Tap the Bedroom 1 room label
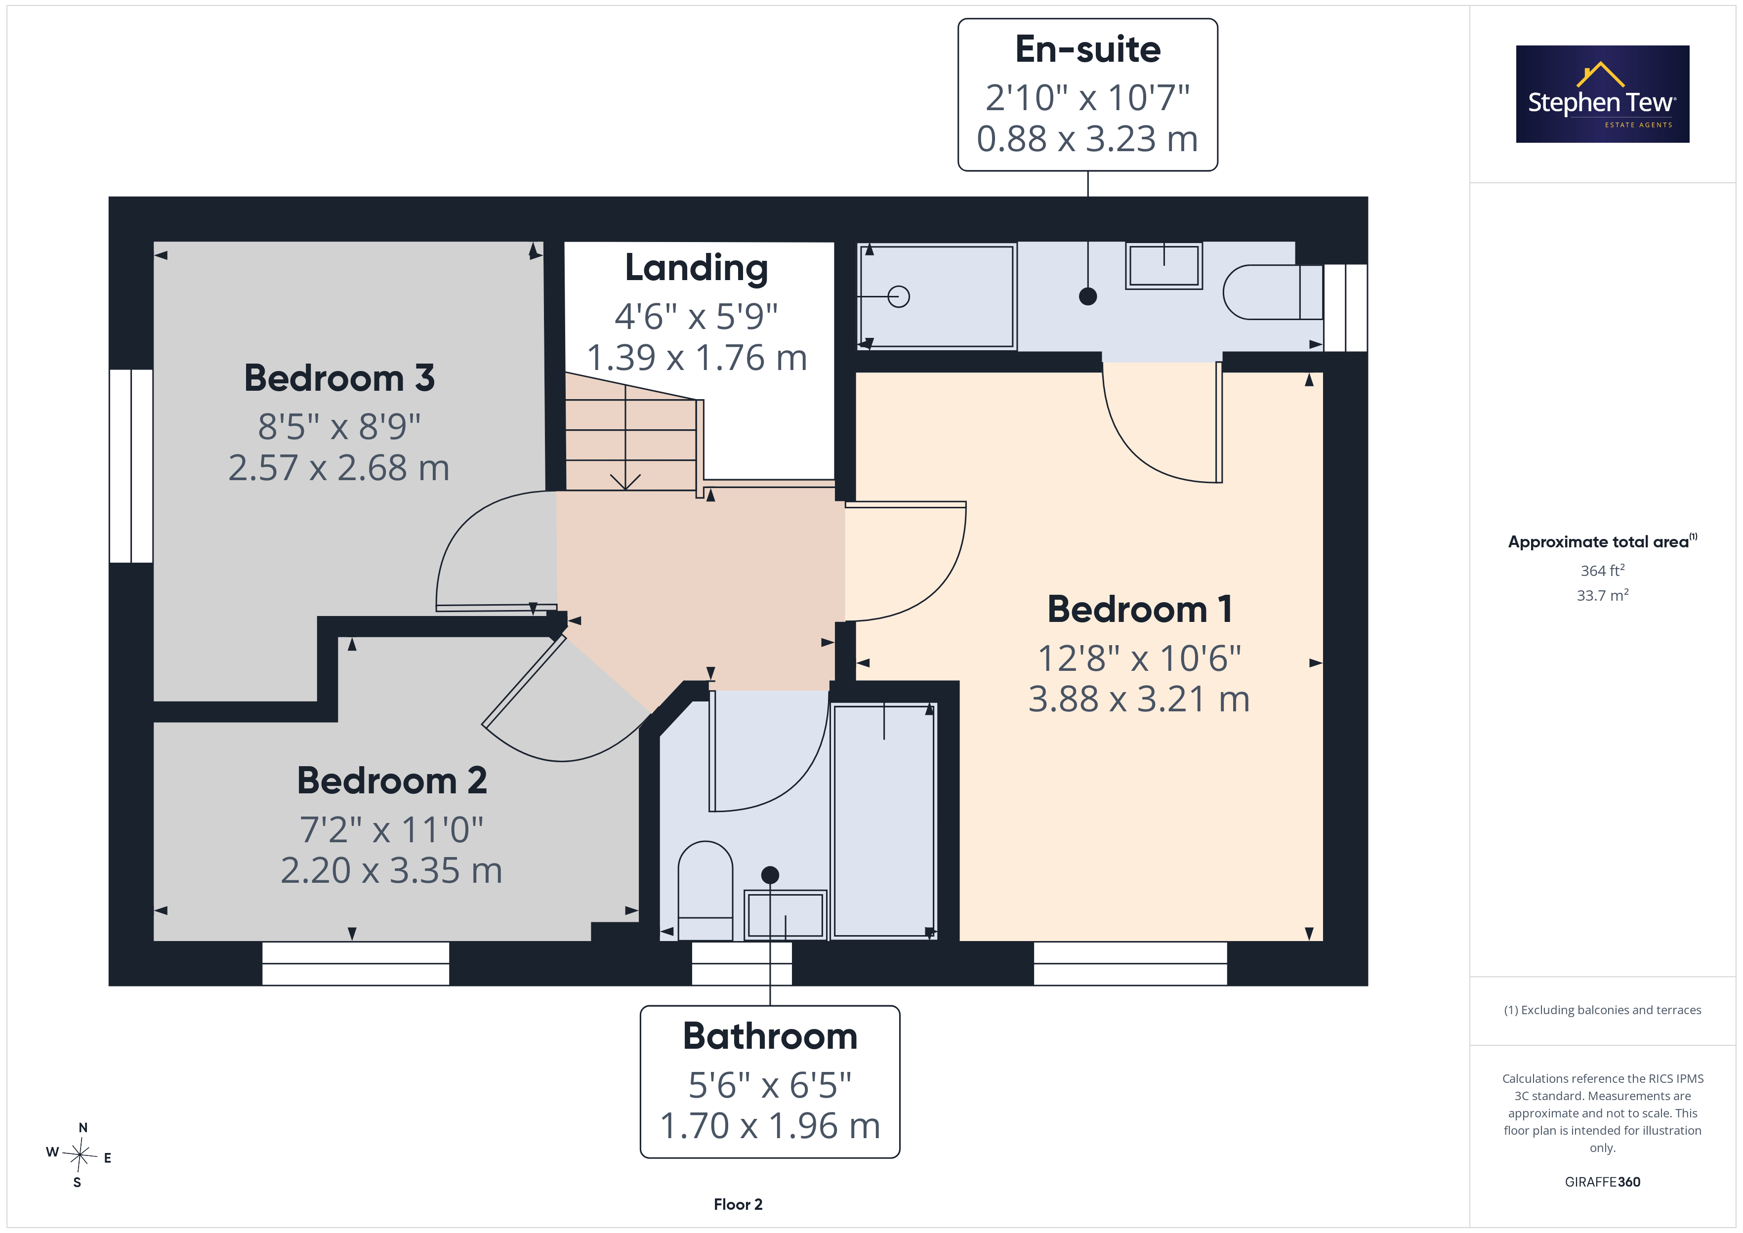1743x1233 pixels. [x=1139, y=609]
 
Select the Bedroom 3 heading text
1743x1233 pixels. [x=339, y=378]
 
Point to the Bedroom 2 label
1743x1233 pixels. [x=392, y=781]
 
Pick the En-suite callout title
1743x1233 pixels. [x=1088, y=49]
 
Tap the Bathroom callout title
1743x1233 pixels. [x=770, y=1036]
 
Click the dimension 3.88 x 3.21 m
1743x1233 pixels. [x=1139, y=699]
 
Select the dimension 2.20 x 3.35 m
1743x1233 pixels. [x=392, y=870]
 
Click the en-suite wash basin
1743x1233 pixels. [x=1164, y=266]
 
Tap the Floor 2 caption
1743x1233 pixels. [x=738, y=1204]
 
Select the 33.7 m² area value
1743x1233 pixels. [x=1603, y=595]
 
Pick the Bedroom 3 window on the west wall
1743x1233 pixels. [x=131, y=466]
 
